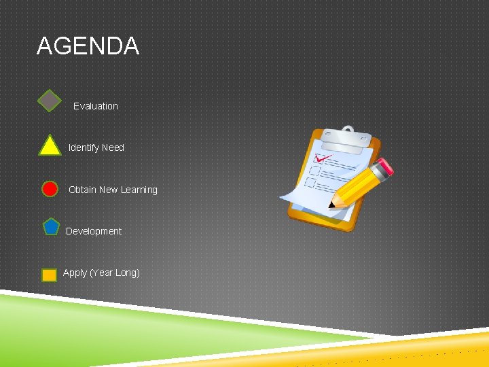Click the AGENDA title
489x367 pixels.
(x=88, y=46)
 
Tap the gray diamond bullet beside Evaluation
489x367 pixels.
(x=50, y=101)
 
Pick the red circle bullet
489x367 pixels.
(x=50, y=189)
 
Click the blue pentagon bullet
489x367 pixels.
(x=51, y=227)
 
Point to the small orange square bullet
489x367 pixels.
(x=49, y=275)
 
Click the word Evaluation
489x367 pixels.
(x=95, y=106)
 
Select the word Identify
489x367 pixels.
(x=84, y=147)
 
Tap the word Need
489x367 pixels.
(x=113, y=147)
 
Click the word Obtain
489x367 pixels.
(x=82, y=190)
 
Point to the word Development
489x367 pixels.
(x=94, y=231)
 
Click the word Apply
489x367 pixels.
(x=75, y=273)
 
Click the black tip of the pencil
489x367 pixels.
(x=331, y=204)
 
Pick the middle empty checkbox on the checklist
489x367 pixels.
(x=315, y=171)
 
